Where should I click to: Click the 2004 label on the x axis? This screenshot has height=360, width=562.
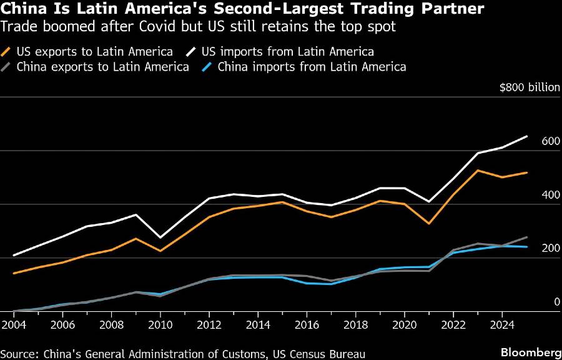point(13,325)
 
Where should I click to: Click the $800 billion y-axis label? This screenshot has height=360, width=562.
point(530,87)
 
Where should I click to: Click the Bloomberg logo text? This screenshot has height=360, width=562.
point(528,352)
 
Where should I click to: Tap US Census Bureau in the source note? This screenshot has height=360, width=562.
point(316,353)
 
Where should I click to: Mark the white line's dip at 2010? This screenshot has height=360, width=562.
point(161,237)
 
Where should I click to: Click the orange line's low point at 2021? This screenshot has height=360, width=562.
point(428,223)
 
